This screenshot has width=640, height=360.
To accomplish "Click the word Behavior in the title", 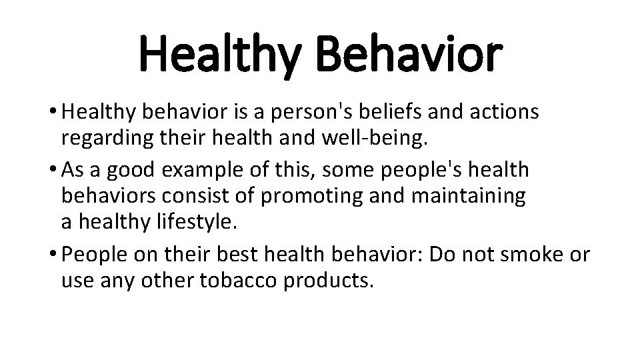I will click(x=409, y=56).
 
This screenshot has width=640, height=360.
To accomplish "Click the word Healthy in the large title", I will click(x=223, y=56).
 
